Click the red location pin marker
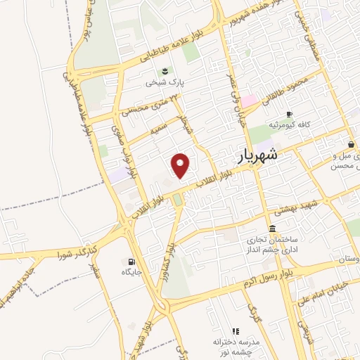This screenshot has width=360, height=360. (x=181, y=165)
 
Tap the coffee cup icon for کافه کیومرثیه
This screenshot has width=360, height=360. (x=288, y=115)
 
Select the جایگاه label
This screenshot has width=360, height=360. (x=131, y=271)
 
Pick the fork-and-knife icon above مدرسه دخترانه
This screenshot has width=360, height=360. (x=236, y=330)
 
